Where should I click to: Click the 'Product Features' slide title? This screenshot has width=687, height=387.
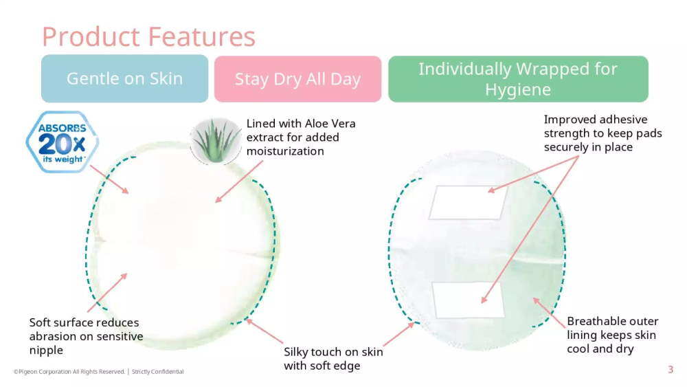(148, 36)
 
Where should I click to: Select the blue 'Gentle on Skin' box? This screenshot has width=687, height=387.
(125, 79)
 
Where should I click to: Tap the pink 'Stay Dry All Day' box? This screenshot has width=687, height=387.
(298, 79)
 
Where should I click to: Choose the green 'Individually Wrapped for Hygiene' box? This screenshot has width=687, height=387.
(518, 79)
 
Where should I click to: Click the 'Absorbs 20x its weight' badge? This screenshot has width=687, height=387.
(63, 142)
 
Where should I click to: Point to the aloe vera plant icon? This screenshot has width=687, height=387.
(216, 141)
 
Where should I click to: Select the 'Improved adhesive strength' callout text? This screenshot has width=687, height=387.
(603, 133)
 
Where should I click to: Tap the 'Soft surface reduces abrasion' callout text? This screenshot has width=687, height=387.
(87, 336)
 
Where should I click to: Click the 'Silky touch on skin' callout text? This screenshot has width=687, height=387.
(333, 359)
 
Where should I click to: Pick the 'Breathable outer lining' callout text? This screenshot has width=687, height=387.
(613, 335)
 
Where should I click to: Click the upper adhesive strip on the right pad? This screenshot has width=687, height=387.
(469, 203)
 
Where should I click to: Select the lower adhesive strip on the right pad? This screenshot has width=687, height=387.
(469, 300)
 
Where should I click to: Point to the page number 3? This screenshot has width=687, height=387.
(671, 369)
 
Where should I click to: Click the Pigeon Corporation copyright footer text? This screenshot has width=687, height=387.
(69, 372)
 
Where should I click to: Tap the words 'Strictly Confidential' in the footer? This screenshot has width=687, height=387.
(158, 372)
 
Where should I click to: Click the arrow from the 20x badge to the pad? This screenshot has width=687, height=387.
(109, 179)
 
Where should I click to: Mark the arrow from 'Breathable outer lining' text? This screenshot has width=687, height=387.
(549, 313)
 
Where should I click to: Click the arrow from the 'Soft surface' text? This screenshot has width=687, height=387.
(107, 293)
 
